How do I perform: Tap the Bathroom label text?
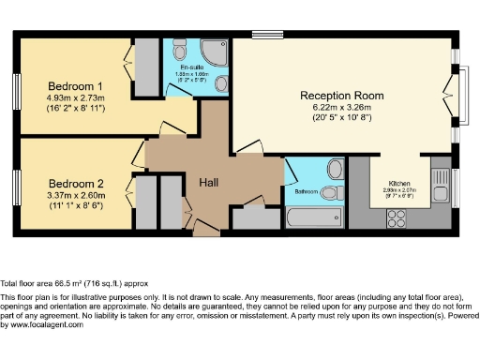pyautogui.click(x=306, y=191)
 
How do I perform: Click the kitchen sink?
pyautogui.click(x=441, y=178)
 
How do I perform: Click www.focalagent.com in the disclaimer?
pyautogui.click(x=30, y=325)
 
